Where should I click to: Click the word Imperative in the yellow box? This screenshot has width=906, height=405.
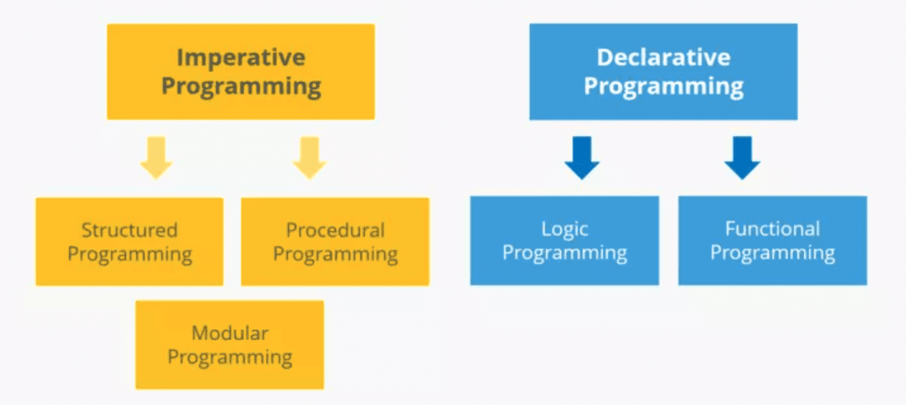[x=241, y=58]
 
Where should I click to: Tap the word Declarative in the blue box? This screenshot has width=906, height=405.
[x=664, y=57]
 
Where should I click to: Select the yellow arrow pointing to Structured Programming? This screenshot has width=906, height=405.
[x=156, y=157]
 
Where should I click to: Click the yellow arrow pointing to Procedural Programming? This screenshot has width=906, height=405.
[x=310, y=157]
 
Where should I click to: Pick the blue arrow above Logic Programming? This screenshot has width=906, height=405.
[x=582, y=157]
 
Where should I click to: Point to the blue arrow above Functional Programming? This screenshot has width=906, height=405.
[x=742, y=157]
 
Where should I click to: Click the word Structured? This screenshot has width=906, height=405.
[x=129, y=230]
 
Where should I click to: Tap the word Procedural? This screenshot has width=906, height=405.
[x=335, y=230]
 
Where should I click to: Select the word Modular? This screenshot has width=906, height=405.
[x=230, y=333]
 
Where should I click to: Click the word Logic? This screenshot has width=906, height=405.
[x=565, y=230]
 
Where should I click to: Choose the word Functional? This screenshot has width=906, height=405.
[x=772, y=228]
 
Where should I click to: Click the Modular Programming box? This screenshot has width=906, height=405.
[x=230, y=344]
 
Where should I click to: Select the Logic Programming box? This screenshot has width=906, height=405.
[x=565, y=241]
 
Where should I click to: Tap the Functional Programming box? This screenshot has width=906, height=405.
[x=772, y=241]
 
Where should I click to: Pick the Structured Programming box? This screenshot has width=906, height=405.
[x=129, y=242]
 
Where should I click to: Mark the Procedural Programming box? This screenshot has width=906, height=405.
[x=335, y=242]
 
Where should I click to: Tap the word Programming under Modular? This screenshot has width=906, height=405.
[x=230, y=358]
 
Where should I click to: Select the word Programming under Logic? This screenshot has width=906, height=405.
[x=565, y=254]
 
